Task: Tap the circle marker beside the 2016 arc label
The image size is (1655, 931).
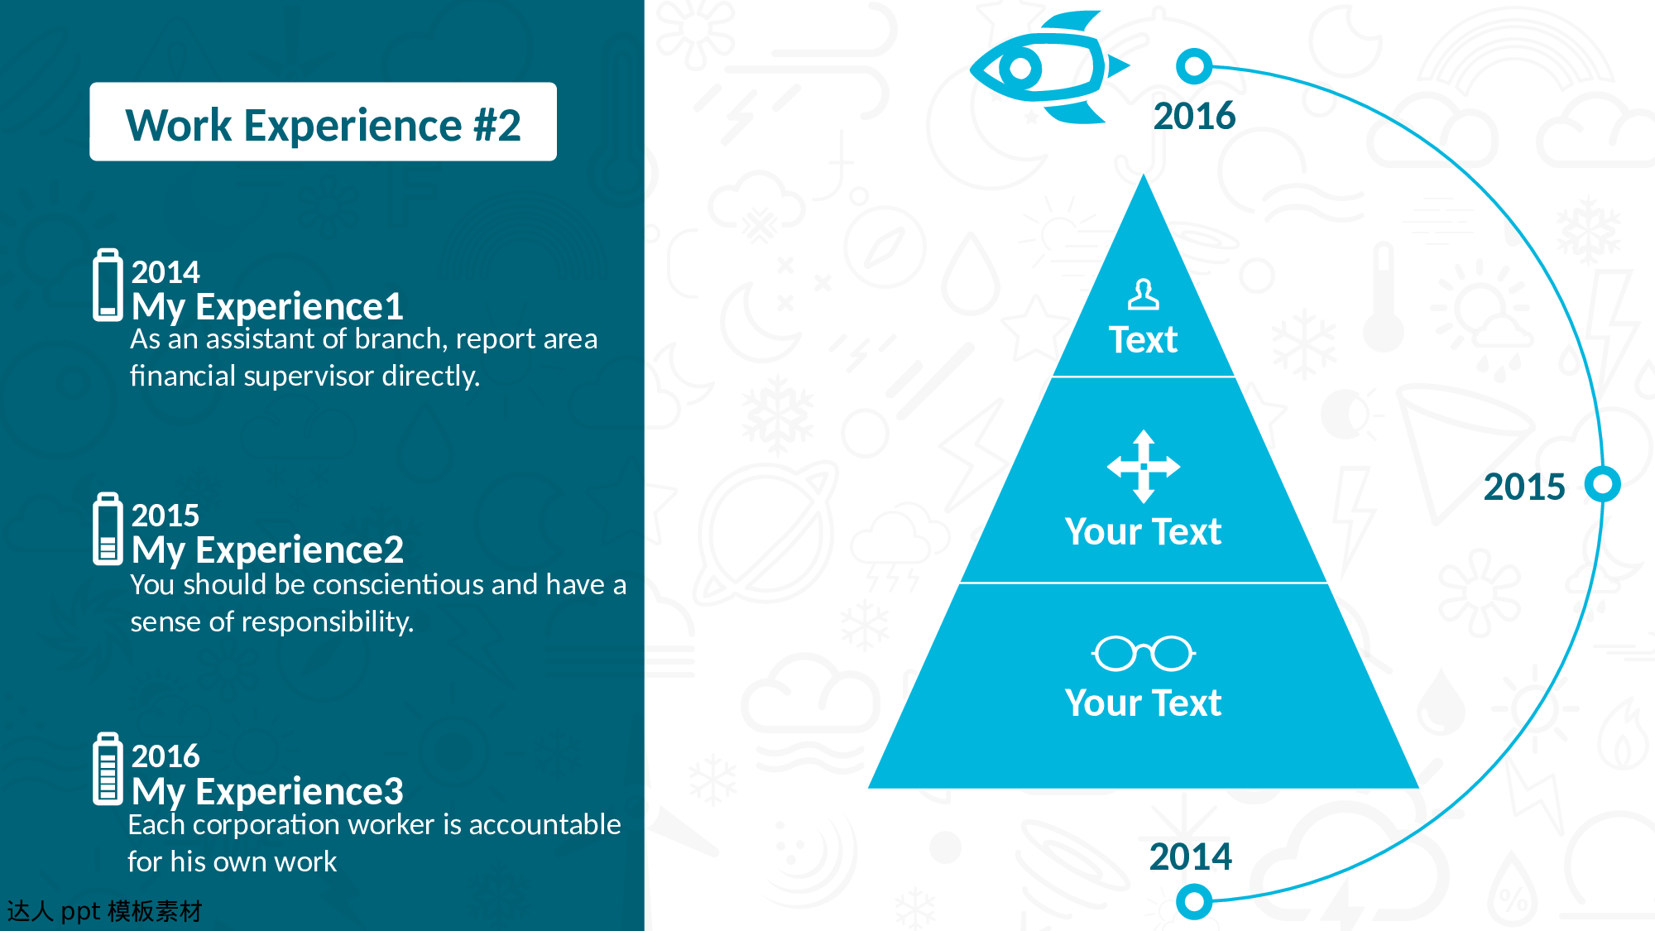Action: click(1194, 66)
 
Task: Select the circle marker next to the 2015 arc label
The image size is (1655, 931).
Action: click(1603, 484)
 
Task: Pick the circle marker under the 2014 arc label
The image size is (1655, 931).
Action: click(1194, 901)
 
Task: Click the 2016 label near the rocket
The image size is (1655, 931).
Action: click(1194, 116)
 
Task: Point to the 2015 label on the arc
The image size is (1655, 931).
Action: click(1524, 487)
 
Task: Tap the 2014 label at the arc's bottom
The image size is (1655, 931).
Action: click(1191, 857)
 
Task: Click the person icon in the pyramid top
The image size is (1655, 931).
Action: click(1144, 294)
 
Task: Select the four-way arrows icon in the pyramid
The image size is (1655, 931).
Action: click(1144, 466)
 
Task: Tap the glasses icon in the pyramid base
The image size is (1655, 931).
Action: click(1144, 653)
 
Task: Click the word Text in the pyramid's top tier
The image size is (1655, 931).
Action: click(1143, 340)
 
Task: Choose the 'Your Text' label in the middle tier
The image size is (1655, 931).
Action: click(1143, 531)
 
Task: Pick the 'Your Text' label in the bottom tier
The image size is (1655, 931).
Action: click(1143, 703)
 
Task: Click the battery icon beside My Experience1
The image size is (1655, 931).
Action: click(108, 285)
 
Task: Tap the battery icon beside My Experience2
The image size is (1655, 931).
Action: click(108, 529)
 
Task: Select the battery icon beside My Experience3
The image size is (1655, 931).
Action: click(108, 769)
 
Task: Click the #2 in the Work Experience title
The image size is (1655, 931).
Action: click(497, 126)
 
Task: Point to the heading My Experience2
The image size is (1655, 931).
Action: click(267, 549)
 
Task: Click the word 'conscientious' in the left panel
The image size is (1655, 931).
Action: click(399, 584)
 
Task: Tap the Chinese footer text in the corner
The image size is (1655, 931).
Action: click(104, 911)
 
